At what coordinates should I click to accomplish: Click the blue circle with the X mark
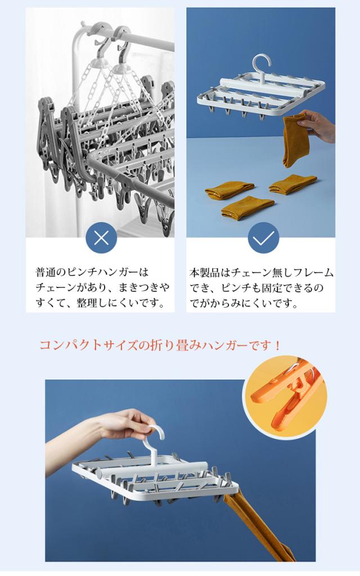click(x=101, y=238)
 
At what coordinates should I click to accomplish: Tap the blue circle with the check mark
click(x=263, y=238)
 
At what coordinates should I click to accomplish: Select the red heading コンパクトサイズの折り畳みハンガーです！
click(x=160, y=345)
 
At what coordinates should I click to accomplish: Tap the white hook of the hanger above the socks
click(x=262, y=69)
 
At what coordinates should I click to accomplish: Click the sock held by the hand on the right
click(x=295, y=139)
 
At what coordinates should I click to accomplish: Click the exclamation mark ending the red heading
click(x=277, y=345)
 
